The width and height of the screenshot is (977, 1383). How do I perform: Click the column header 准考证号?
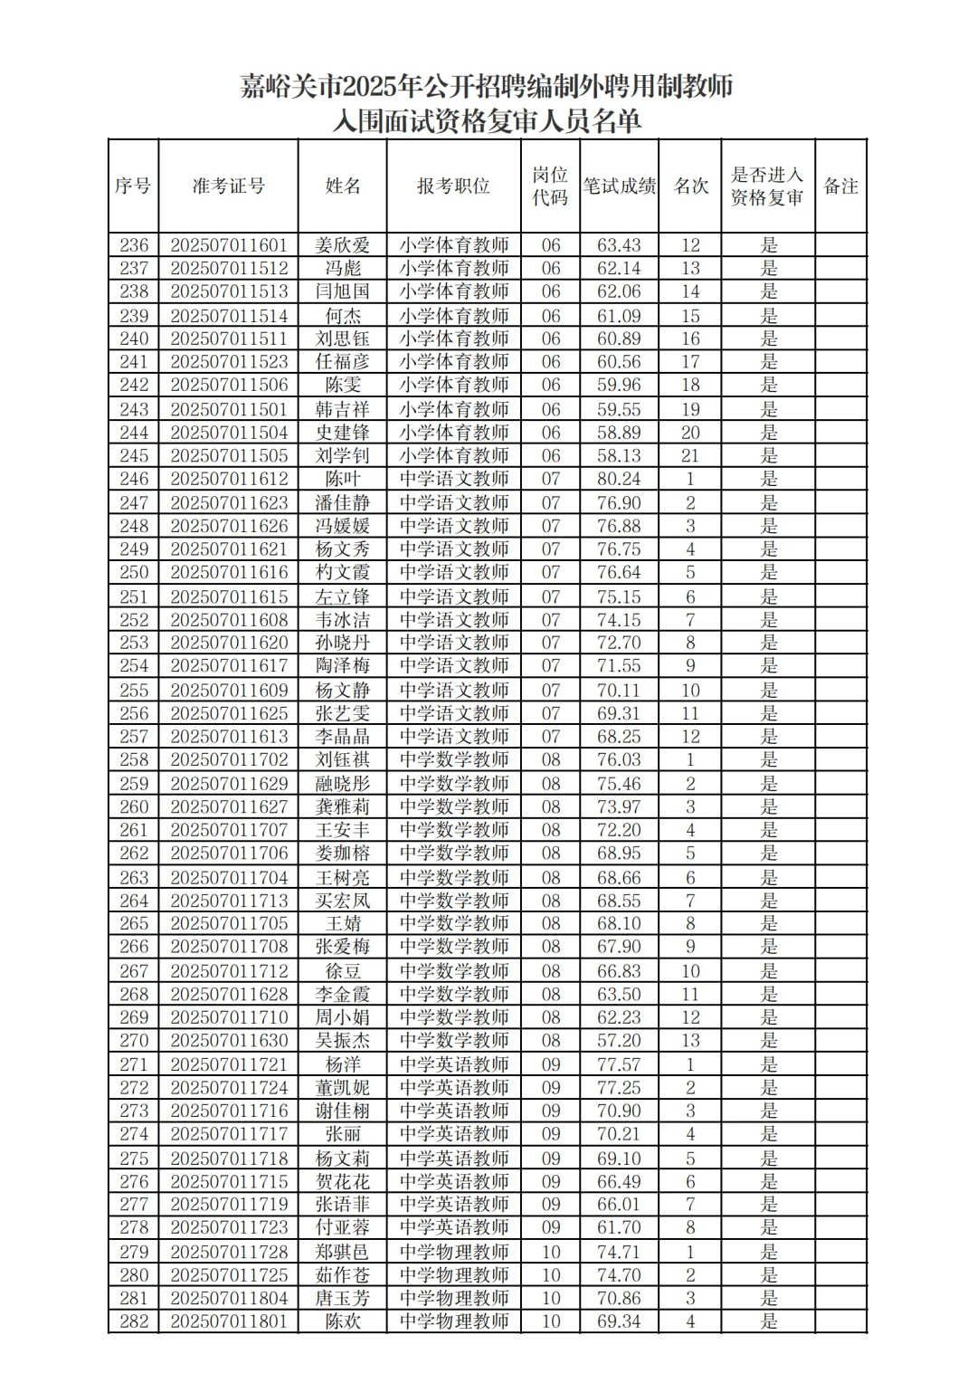click(228, 186)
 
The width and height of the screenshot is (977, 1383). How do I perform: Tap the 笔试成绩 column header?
click(619, 186)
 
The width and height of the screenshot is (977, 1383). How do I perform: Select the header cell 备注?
click(840, 186)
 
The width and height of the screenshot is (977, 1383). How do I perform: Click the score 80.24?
click(619, 479)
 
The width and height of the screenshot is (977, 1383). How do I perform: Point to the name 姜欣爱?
click(343, 245)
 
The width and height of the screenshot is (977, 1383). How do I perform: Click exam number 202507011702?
click(229, 759)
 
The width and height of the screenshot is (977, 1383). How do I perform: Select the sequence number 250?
click(133, 572)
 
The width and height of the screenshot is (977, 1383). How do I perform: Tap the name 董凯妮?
click(343, 1087)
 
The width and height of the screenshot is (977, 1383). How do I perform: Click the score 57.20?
click(619, 1041)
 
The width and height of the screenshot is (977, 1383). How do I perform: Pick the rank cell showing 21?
click(690, 455)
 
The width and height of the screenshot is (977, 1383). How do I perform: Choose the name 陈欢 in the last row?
click(343, 1321)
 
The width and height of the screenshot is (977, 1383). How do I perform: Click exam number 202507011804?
click(229, 1298)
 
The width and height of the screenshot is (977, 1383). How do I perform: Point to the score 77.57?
click(619, 1064)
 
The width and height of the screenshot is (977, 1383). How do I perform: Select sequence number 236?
click(133, 245)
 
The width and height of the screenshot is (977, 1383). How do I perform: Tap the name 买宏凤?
click(343, 901)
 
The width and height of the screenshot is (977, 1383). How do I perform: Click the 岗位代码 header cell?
click(550, 186)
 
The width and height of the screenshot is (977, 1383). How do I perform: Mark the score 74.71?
click(619, 1252)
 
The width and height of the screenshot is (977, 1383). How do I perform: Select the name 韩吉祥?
click(343, 409)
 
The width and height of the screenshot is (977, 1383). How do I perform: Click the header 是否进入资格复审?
click(767, 186)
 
